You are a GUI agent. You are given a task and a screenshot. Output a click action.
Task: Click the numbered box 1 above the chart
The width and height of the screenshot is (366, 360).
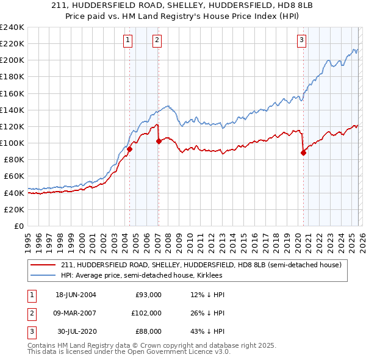point(128,40)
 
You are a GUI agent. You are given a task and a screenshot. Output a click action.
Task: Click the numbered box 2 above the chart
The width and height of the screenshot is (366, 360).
point(157,40)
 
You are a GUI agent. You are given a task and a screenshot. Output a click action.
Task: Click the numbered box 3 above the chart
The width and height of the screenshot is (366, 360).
point(301,40)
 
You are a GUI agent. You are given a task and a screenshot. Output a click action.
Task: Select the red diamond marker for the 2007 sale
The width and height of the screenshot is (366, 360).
point(159,141)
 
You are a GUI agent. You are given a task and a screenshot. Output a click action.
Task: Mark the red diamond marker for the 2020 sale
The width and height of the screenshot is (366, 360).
point(303,153)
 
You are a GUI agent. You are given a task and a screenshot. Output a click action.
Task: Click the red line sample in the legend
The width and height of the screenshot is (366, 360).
point(43,265)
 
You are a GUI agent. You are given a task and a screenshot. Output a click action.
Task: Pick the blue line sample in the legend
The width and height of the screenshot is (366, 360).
point(43,275)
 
